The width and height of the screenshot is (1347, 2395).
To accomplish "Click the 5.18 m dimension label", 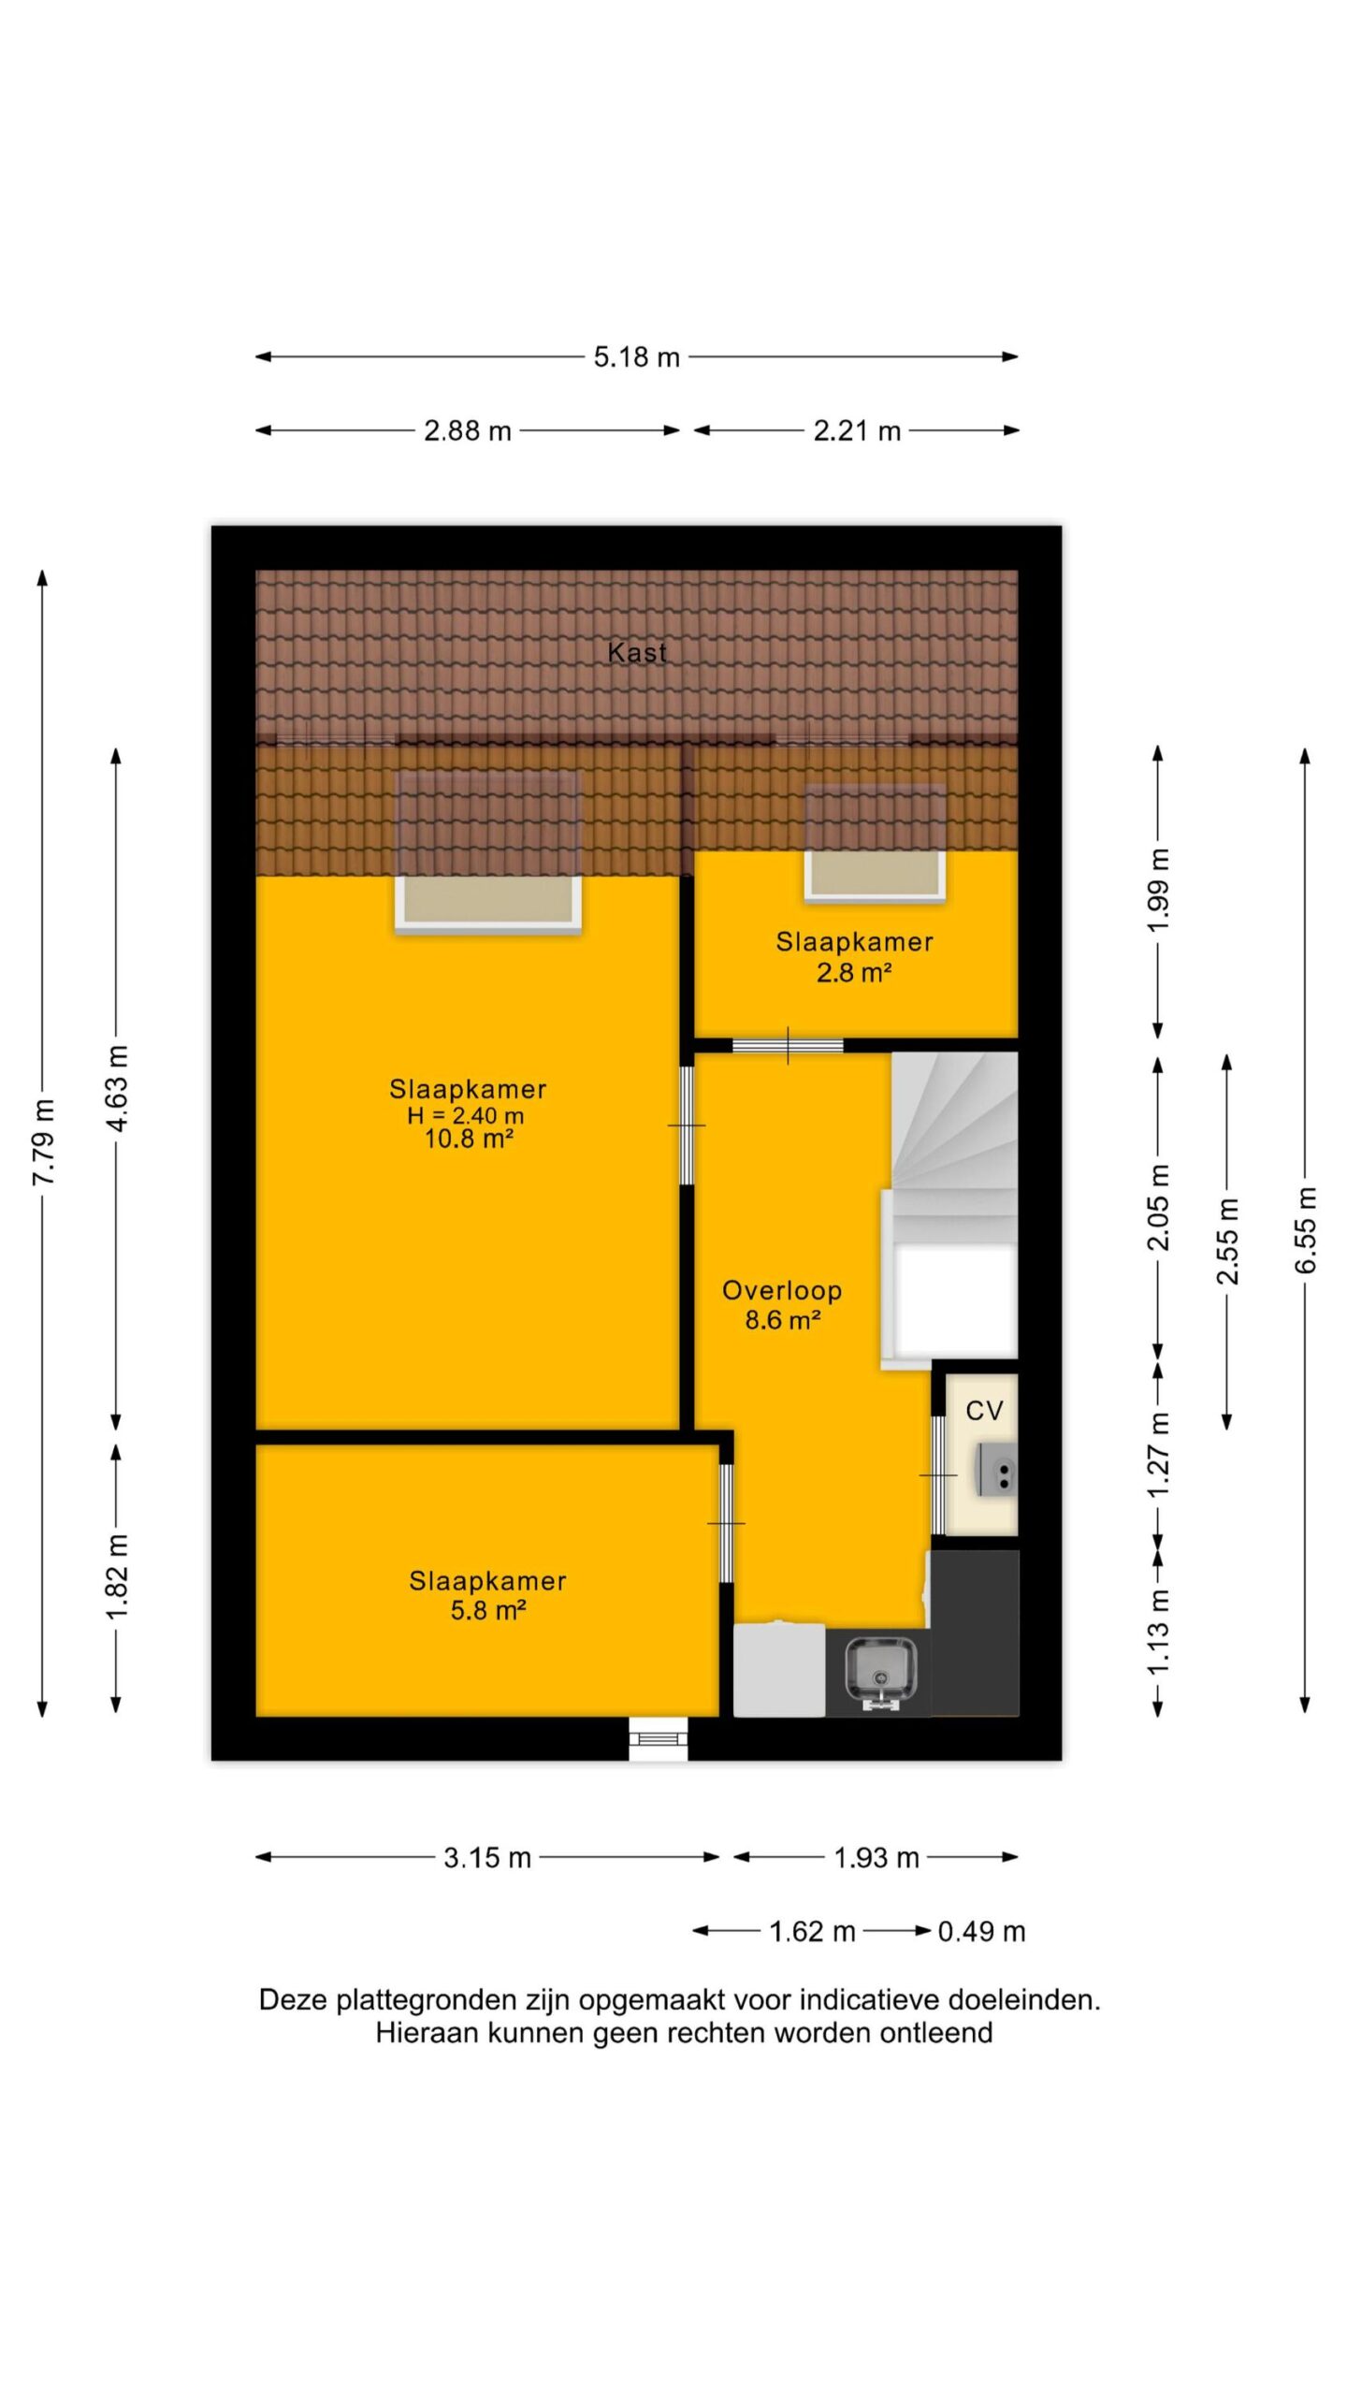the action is pyautogui.click(x=636, y=356).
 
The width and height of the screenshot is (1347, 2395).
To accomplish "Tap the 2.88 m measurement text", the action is pyautogui.click(x=468, y=430).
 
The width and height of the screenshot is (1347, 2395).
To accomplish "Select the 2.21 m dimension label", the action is pyautogui.click(x=857, y=430).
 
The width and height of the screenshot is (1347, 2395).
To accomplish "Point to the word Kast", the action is pyautogui.click(x=637, y=652).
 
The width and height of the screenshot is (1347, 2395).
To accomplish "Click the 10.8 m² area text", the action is pyautogui.click(x=469, y=1139).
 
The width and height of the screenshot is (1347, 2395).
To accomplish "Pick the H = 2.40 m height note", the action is pyautogui.click(x=466, y=1115).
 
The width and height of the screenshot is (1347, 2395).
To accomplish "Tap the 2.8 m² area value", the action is pyautogui.click(x=854, y=973).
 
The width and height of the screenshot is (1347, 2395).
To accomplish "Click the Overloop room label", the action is pyautogui.click(x=782, y=1290).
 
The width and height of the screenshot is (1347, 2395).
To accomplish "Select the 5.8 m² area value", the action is pyautogui.click(x=488, y=1610).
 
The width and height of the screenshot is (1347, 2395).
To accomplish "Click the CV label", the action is pyautogui.click(x=984, y=1411).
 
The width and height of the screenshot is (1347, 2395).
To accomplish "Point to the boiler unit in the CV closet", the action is pyautogui.click(x=997, y=1470).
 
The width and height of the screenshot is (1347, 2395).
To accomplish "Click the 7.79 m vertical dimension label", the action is pyautogui.click(x=44, y=1142).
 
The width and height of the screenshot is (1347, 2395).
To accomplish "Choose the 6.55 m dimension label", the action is pyautogui.click(x=1306, y=1229).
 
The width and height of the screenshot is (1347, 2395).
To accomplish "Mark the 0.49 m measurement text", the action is pyautogui.click(x=981, y=1931).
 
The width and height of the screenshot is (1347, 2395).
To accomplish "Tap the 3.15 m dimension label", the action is pyautogui.click(x=487, y=1857).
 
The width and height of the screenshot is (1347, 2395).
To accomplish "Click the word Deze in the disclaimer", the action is pyautogui.click(x=293, y=1999).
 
